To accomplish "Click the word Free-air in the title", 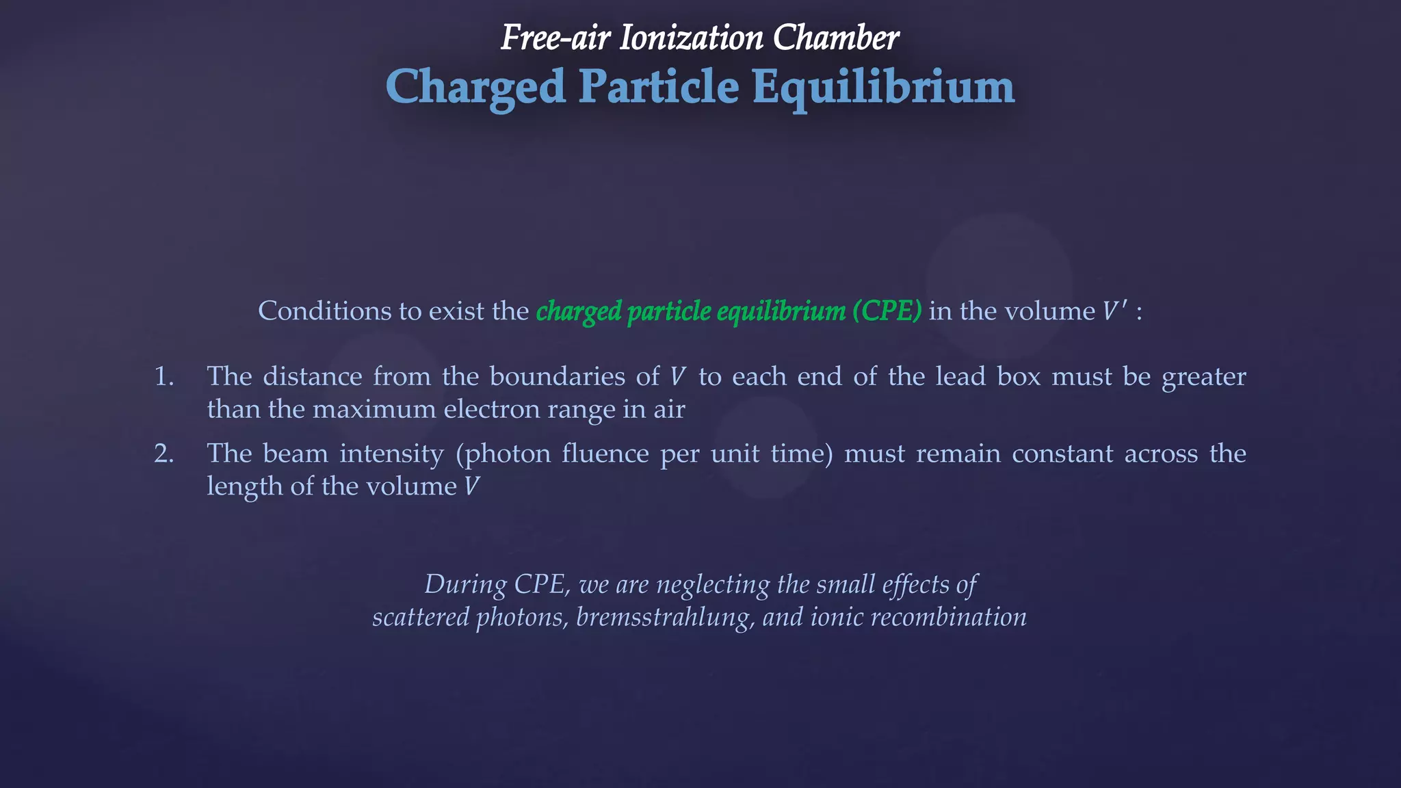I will (555, 38).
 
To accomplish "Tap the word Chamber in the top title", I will (836, 38).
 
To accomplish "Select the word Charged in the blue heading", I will (475, 88).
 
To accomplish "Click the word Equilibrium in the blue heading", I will (882, 88).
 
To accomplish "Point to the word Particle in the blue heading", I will (659, 88).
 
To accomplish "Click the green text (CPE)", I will (887, 311).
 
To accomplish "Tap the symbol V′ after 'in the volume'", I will (1114, 311).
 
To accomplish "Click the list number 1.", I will (163, 377).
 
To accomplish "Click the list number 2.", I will (163, 454).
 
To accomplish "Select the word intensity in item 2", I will (391, 454).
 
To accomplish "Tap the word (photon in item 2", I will (503, 454).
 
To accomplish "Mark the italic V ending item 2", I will (471, 487).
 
